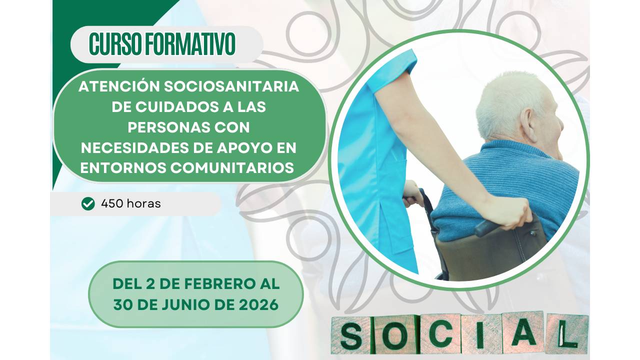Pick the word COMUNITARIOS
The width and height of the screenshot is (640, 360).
(x=232, y=168)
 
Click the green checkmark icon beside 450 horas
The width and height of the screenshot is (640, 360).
(x=88, y=203)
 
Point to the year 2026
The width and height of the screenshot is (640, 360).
(x=257, y=304)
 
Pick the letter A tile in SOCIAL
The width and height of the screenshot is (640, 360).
(x=523, y=332)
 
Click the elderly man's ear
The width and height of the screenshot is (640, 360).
(x=528, y=123)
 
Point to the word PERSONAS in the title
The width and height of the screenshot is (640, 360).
(x=159, y=127)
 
